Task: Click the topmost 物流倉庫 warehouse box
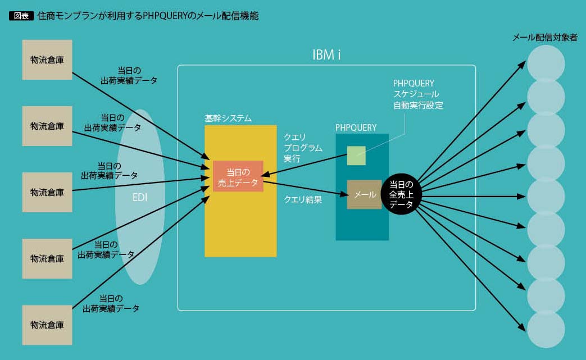(47, 60)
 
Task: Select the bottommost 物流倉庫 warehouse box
(47, 325)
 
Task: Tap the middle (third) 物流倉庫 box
(47, 192)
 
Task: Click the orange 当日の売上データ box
(238, 176)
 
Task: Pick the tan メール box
(364, 194)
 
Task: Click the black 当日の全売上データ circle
(401, 194)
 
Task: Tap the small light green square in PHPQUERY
(356, 156)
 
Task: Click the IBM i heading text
(327, 55)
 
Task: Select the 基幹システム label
(228, 119)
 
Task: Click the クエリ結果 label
(303, 199)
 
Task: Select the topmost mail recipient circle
(546, 63)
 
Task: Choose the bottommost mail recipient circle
(546, 329)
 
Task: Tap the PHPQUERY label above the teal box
(356, 127)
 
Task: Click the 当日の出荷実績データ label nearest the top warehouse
(129, 75)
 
